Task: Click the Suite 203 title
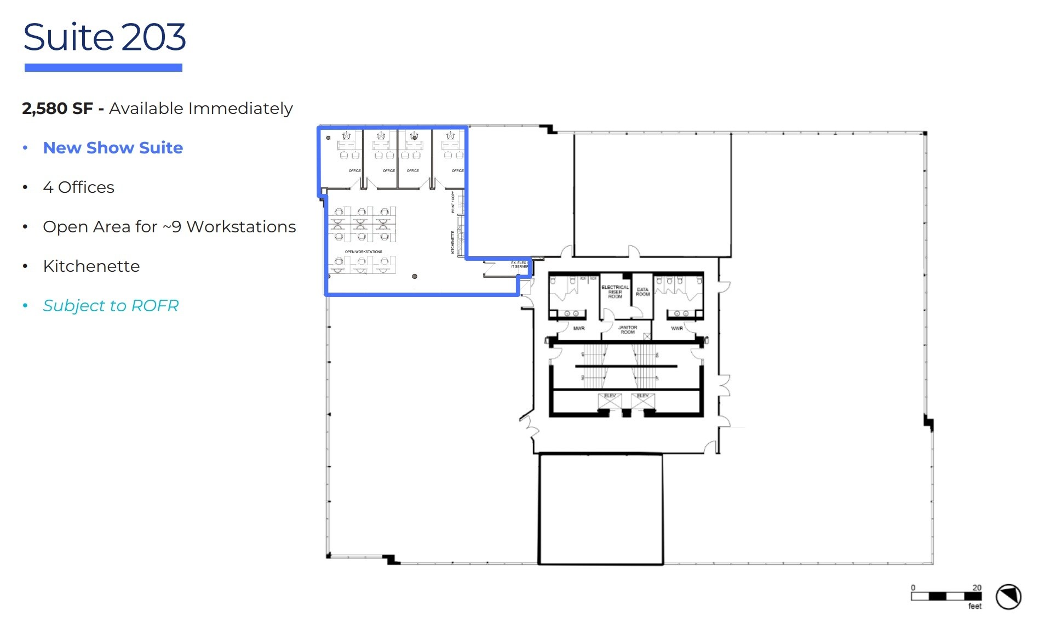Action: pos(104,37)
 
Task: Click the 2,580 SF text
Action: pos(57,108)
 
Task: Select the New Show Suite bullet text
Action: pos(113,148)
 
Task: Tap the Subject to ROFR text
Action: pos(111,306)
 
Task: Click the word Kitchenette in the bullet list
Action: pos(91,266)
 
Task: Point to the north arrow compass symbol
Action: pos(1008,597)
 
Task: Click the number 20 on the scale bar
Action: pos(977,587)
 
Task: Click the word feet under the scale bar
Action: pos(974,606)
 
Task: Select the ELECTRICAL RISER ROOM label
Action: pos(615,292)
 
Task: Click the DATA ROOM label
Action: pos(642,292)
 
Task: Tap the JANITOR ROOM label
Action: pos(627,329)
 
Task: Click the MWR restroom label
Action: pos(578,328)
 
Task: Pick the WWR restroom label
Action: pos(677,328)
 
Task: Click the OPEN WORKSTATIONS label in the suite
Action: pos(363,252)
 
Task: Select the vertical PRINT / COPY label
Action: pos(453,202)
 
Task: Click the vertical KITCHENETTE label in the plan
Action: pos(453,242)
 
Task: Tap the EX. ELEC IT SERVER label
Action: pos(519,265)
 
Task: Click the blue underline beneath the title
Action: pos(103,67)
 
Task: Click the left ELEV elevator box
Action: pos(610,401)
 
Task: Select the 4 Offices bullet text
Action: pos(78,187)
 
